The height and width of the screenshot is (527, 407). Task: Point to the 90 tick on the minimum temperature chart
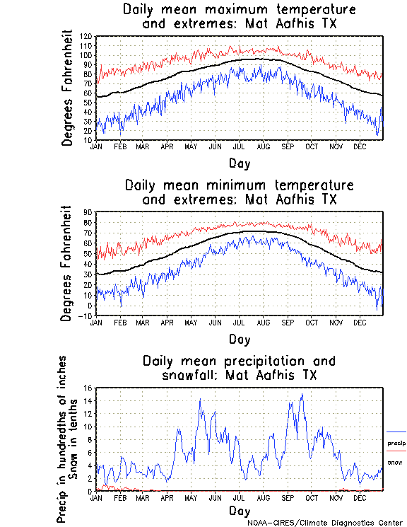click(x=88, y=212)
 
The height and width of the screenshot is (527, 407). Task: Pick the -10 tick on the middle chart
click(x=87, y=315)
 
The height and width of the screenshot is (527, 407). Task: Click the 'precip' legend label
click(x=396, y=444)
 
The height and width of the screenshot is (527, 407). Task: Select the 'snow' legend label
click(x=395, y=462)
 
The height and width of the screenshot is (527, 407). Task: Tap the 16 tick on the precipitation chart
click(x=88, y=388)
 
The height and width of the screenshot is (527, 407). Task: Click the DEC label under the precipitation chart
click(x=360, y=498)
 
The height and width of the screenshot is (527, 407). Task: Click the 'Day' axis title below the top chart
click(x=239, y=163)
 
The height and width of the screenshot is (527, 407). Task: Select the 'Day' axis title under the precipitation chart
click(x=239, y=510)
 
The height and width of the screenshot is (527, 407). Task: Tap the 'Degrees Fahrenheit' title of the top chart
click(x=68, y=88)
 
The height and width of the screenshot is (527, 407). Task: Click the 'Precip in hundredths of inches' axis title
click(x=62, y=439)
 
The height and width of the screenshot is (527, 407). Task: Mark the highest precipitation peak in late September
click(x=302, y=395)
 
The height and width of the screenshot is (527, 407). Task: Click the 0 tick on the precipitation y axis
click(x=90, y=491)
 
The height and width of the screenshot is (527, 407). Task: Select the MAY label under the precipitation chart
click(x=191, y=498)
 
